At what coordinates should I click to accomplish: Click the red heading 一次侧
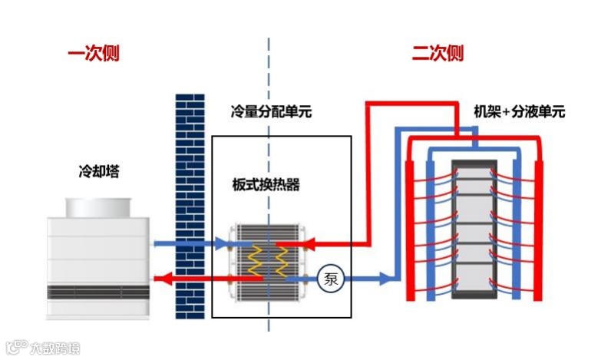93,54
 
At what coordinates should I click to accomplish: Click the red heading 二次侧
438,54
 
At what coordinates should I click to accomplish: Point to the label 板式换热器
266,185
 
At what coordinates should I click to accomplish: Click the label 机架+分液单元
519,111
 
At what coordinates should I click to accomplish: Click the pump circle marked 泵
329,278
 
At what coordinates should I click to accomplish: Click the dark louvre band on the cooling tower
97,292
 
